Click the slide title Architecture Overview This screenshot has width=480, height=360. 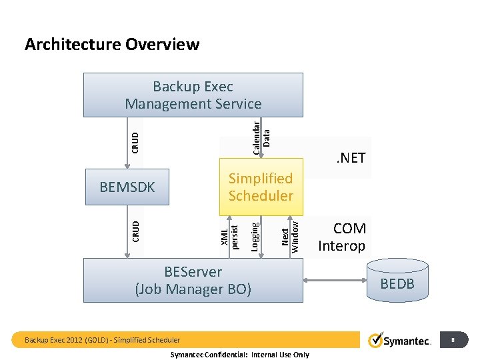point(111,45)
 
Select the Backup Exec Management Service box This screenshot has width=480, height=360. point(193,95)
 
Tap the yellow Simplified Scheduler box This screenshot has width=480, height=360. point(261,187)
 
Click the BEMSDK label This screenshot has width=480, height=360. point(127,187)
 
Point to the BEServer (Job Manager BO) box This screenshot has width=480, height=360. point(193,281)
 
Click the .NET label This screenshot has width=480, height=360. point(351,158)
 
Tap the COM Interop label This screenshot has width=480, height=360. point(341,237)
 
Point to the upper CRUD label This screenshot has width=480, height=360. point(135,141)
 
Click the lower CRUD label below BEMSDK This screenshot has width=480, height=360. point(135,231)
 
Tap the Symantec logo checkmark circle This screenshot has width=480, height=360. point(375,341)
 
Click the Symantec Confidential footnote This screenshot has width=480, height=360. point(240,355)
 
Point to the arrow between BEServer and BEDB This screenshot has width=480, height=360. point(337,280)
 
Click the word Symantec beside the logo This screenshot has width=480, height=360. point(408,341)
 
